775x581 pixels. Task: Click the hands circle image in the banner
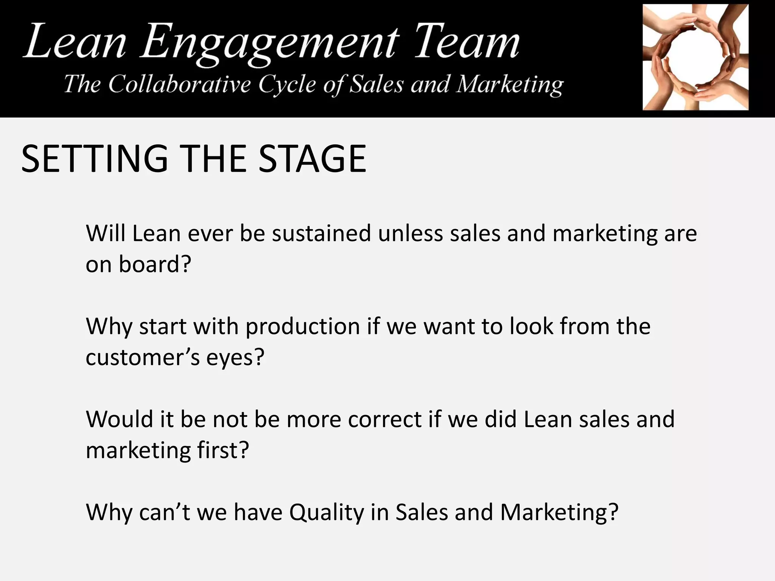[x=696, y=57]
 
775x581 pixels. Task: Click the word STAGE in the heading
[x=312, y=159]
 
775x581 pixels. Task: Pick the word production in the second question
[x=303, y=326]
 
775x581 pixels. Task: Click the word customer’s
[x=143, y=357]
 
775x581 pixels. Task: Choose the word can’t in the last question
[x=165, y=513]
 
